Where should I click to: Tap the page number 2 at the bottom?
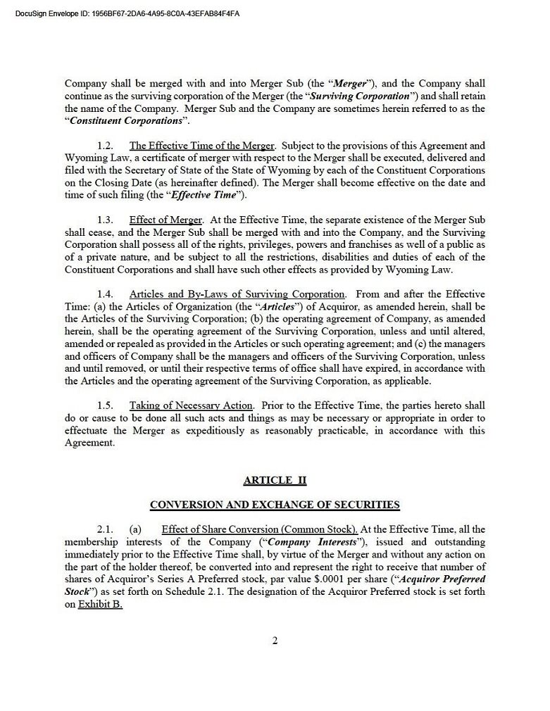point(275,640)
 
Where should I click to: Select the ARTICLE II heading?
point(275,480)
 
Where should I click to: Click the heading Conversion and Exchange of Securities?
point(275,505)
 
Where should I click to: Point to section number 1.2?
point(106,146)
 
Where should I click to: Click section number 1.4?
point(106,294)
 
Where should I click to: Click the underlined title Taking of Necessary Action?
point(190,405)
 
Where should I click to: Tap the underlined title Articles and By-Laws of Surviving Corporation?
point(237,294)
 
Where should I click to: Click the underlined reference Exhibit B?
point(100,605)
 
